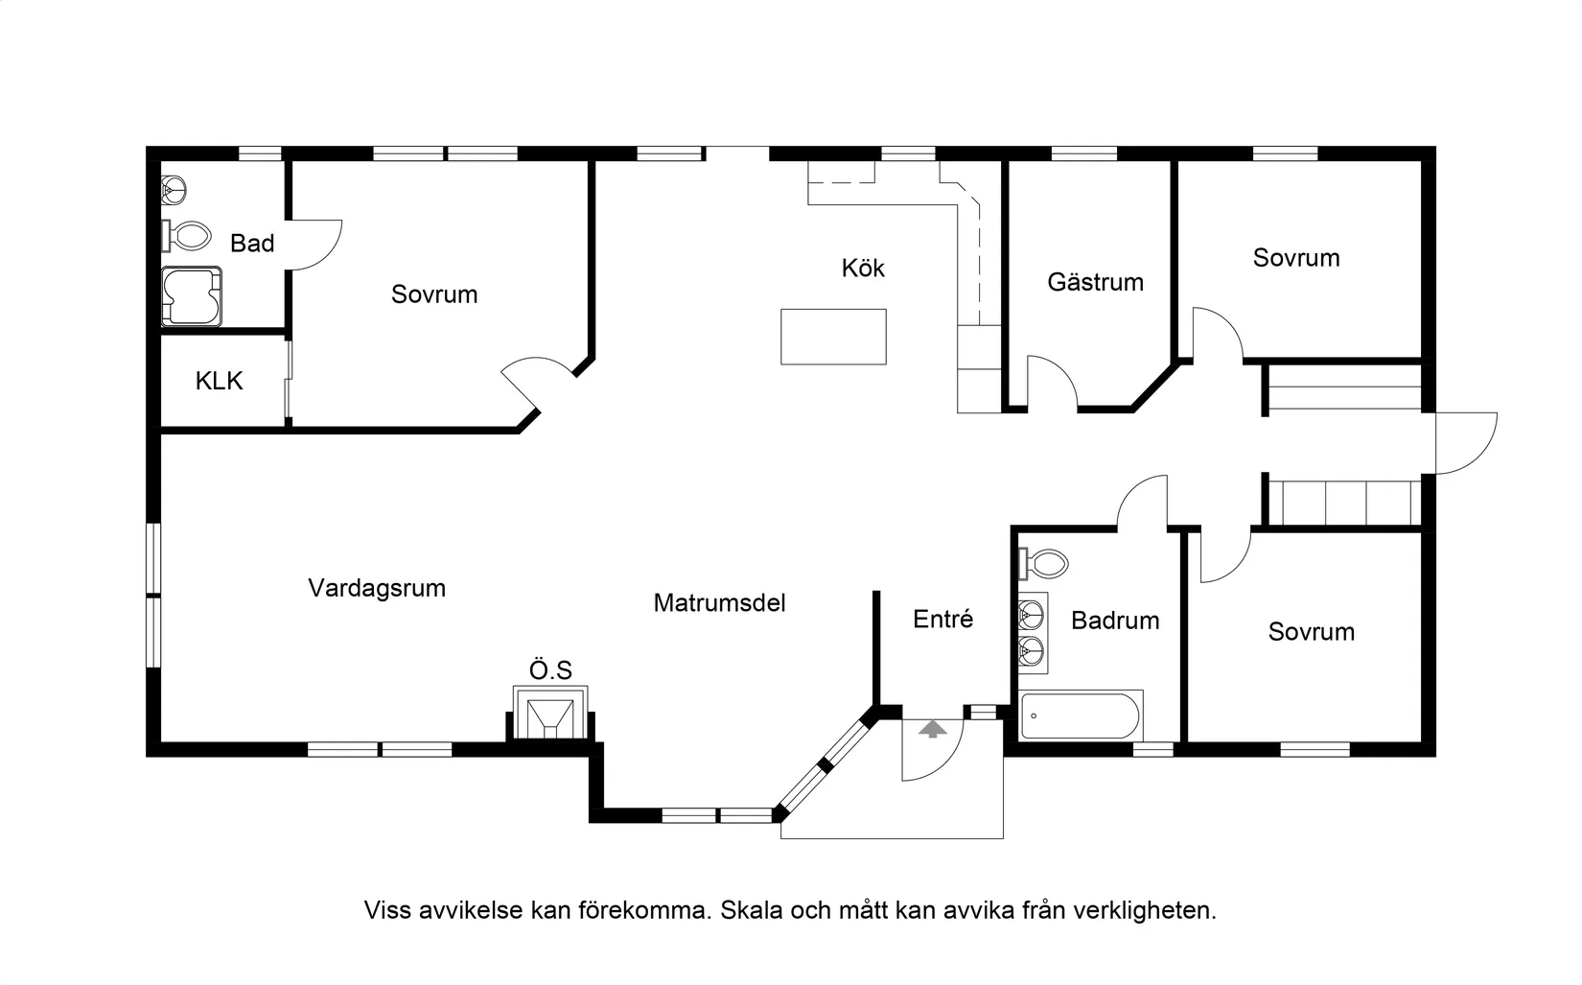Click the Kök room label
coord(863,268)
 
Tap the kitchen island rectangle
coord(833,337)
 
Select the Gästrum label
coord(1095,282)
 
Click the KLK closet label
coord(219,381)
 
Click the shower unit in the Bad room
coord(191,296)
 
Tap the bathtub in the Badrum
coord(1082,715)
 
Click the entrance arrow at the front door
coord(931,729)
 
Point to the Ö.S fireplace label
coord(550,669)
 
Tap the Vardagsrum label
coord(377,588)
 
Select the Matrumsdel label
coord(719,602)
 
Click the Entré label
coord(942,620)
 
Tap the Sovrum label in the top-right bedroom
coord(1295,257)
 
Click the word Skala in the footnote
coord(752,910)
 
